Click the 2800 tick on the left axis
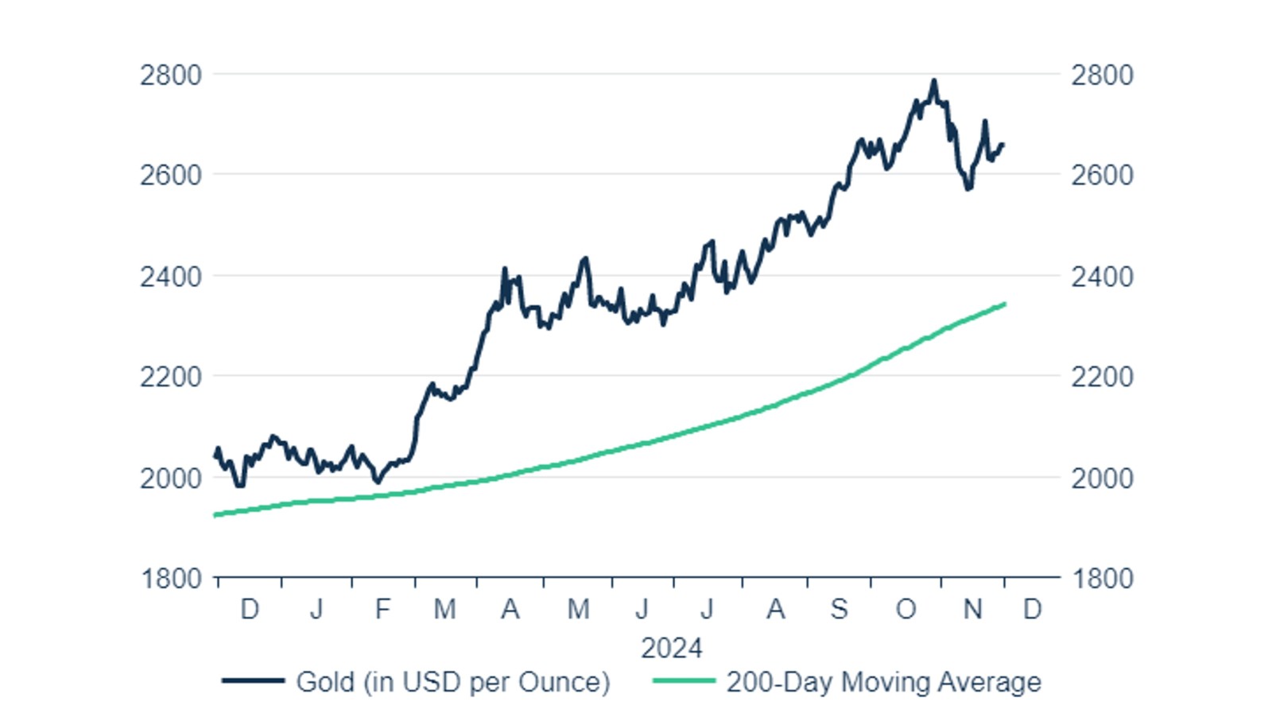pos(170,76)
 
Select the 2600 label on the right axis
pos(1101,175)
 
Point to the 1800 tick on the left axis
pos(171,579)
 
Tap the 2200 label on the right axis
pos(1101,377)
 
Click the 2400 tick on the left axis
pos(170,277)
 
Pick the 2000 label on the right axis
pos(1101,479)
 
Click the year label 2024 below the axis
pos(671,648)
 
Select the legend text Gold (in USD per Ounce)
pos(452,682)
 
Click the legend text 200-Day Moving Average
pos(883,682)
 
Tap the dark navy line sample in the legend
pos(253,681)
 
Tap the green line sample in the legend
pos(684,681)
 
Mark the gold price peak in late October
pos(934,80)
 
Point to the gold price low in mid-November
pos(968,188)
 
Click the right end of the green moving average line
pos(1005,304)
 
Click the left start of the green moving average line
pos(215,515)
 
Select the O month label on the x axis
pos(906,610)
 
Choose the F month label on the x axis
pos(382,610)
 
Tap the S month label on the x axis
pos(839,610)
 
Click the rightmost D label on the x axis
pos(1032,610)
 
